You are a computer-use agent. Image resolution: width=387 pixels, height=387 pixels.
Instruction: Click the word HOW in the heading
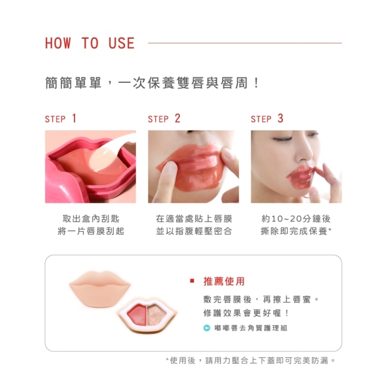[58, 43]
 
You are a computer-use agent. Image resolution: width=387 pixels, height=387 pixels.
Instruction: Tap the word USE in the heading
[121, 43]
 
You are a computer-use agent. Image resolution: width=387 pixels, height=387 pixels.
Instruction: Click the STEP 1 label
[61, 118]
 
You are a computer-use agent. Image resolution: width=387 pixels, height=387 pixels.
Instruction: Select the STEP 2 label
[164, 118]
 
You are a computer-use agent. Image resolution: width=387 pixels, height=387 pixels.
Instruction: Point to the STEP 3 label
[267, 118]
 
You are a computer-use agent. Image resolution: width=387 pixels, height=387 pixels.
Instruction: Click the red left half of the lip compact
[137, 314]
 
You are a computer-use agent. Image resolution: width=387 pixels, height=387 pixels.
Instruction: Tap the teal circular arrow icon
[207, 328]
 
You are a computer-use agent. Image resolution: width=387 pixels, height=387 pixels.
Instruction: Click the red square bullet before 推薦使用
[192, 281]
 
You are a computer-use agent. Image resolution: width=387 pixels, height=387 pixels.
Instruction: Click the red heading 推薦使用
[224, 282]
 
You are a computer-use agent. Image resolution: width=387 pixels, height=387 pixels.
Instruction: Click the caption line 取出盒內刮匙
[91, 219]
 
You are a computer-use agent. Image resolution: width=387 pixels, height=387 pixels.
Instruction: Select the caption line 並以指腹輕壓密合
[194, 231]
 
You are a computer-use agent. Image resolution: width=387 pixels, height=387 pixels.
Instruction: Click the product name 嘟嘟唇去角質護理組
[251, 328]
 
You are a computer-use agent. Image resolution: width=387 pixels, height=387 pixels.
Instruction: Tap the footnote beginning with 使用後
[251, 361]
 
